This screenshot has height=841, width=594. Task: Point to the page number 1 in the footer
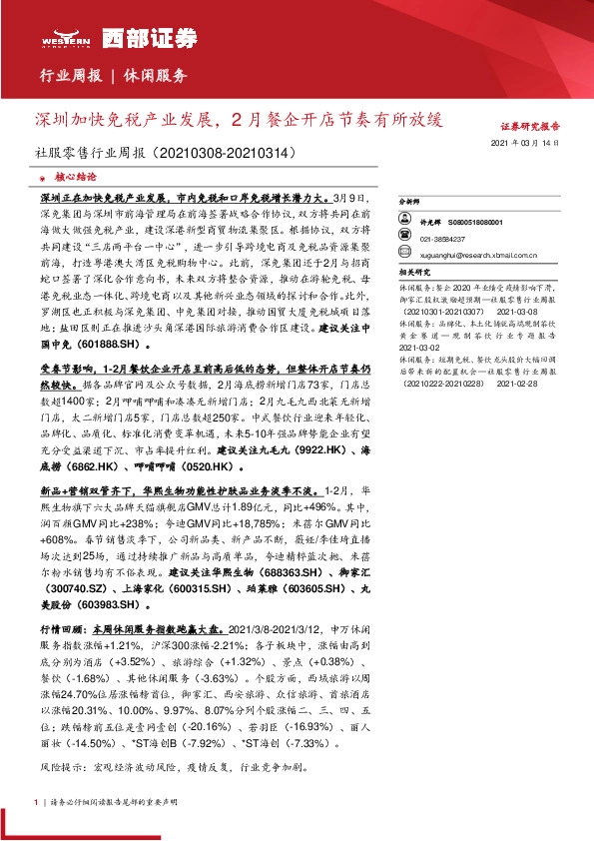click(36, 802)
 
